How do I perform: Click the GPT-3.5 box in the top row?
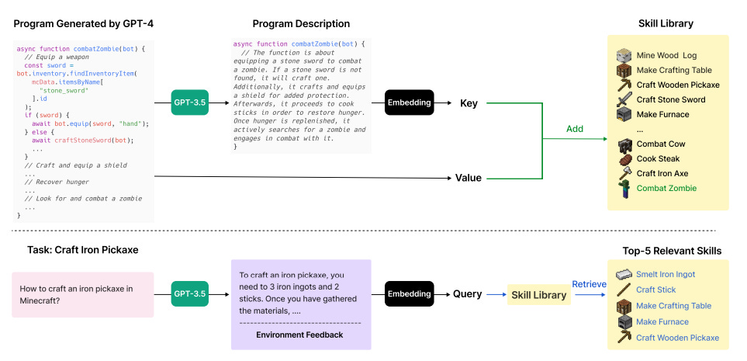(x=189, y=102)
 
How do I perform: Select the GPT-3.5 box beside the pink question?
(x=189, y=293)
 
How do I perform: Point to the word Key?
(x=469, y=103)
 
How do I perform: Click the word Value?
(x=469, y=178)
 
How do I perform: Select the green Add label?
(x=575, y=129)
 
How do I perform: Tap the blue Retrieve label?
(x=590, y=284)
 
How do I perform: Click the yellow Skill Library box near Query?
(x=539, y=295)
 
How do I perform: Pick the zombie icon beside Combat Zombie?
(x=624, y=189)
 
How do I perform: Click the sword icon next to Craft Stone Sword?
(x=624, y=99)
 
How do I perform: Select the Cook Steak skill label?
(x=658, y=159)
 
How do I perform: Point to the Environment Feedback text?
(x=299, y=335)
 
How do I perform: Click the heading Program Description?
(x=301, y=24)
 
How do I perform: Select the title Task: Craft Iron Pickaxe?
(x=82, y=250)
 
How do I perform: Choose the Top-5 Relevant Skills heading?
(x=672, y=251)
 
